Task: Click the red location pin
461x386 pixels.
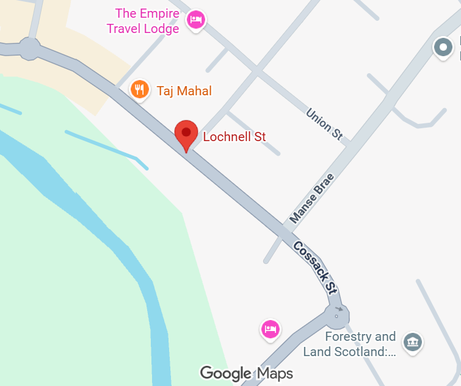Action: [x=186, y=134]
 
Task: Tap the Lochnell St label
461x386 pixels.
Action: [x=234, y=137]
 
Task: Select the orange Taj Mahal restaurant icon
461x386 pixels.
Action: [x=140, y=90]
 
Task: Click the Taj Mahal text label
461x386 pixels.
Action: [x=184, y=92]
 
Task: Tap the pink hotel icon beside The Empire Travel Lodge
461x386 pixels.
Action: [x=195, y=20]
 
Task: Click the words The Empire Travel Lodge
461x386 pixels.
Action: [x=143, y=21]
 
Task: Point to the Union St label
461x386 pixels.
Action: [x=324, y=124]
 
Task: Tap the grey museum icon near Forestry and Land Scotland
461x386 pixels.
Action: [x=413, y=342]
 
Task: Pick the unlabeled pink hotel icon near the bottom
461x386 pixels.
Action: [x=270, y=329]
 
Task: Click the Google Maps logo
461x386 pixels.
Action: [x=246, y=373]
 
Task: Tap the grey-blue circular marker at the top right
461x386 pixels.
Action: [x=442, y=47]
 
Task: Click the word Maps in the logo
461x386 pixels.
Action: [x=274, y=373]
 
